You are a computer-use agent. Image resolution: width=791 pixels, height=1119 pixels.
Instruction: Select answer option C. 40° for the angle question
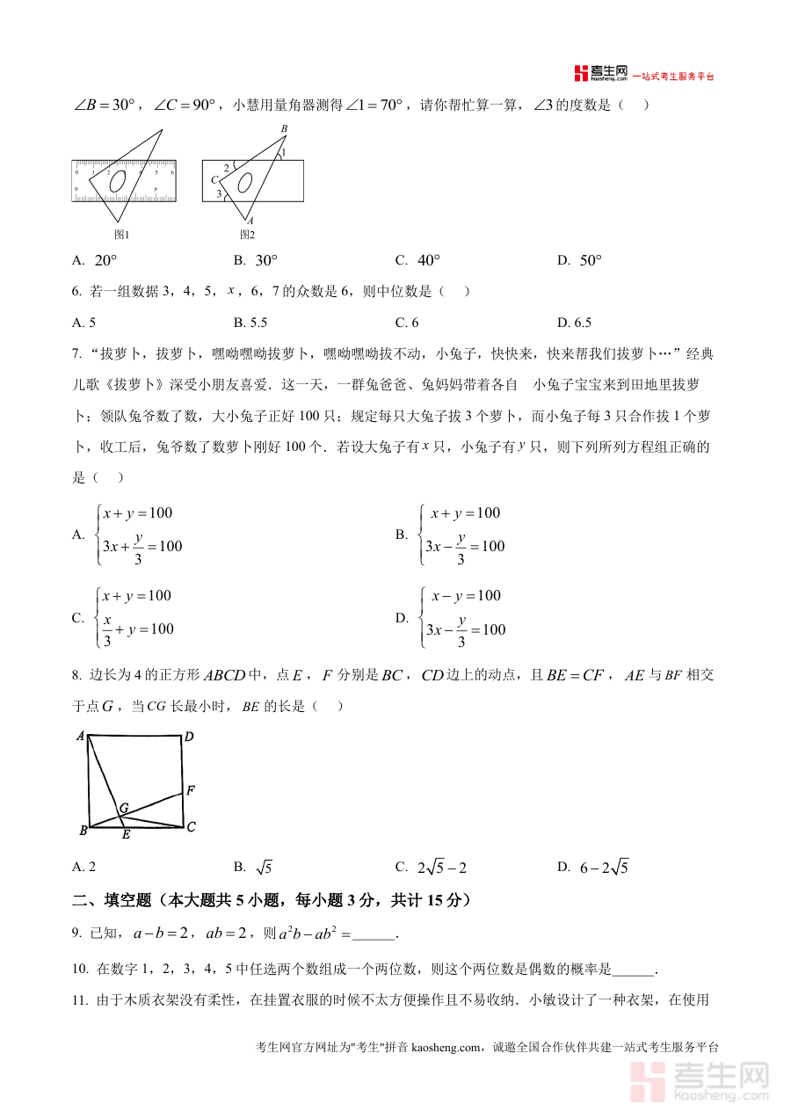(417, 260)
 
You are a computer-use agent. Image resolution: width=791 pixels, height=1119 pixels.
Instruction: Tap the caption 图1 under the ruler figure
(122, 235)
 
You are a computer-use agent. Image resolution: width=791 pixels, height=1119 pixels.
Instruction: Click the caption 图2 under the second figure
(247, 235)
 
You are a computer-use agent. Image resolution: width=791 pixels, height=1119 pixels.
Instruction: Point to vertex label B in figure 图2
(283, 129)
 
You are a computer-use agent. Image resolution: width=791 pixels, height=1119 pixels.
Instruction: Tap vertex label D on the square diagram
(189, 737)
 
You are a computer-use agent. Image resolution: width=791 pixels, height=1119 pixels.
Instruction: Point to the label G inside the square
(124, 807)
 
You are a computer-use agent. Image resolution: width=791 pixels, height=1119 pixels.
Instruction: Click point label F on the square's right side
(191, 791)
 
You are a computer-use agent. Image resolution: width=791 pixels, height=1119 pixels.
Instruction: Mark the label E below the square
(126, 835)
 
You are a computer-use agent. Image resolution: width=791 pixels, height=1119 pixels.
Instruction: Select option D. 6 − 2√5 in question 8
(593, 868)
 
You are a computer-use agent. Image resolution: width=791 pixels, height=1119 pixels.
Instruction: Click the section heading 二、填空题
(272, 900)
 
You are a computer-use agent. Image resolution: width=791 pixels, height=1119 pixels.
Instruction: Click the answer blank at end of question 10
(632, 970)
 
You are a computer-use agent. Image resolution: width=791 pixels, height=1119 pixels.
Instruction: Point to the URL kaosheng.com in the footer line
(446, 1047)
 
